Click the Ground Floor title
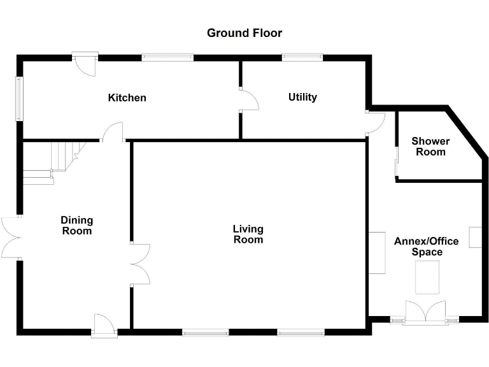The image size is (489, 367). (x=244, y=33)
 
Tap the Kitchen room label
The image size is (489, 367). (x=127, y=97)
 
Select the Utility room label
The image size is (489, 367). (x=302, y=97)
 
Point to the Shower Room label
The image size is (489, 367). (x=430, y=147)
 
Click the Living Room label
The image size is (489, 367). (x=248, y=234)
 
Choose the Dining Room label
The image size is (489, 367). (x=76, y=226)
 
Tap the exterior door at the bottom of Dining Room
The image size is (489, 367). (x=103, y=325)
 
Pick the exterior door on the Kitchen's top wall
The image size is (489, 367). (x=84, y=62)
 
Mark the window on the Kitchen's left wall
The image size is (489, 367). (x=19, y=98)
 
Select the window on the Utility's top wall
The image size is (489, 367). (x=302, y=57)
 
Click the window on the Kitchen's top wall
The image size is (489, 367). (x=167, y=57)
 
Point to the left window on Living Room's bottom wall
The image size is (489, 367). (x=205, y=332)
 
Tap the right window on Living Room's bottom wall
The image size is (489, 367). (x=301, y=332)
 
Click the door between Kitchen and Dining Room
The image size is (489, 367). (x=113, y=133)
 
